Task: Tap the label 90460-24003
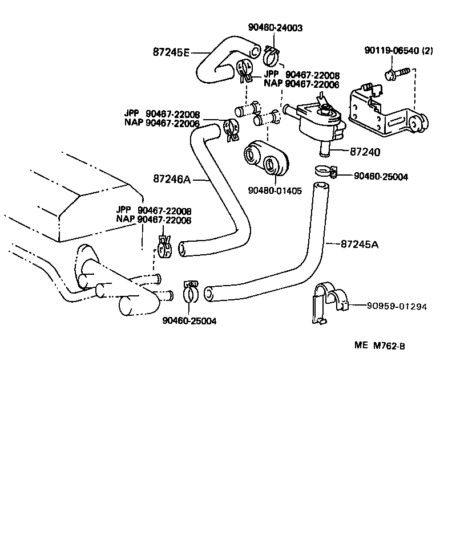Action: click(x=275, y=27)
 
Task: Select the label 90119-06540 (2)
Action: click(x=398, y=50)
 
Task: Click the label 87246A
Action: click(x=171, y=179)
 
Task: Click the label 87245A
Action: click(x=360, y=244)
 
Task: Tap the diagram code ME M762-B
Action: click(x=380, y=345)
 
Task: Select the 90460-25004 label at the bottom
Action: click(x=189, y=321)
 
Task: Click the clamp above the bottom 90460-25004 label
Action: click(x=191, y=291)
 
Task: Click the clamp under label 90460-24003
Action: click(x=271, y=54)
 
